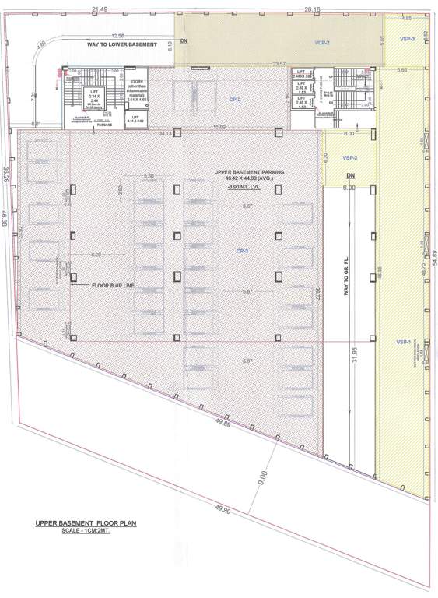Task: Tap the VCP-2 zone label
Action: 323,43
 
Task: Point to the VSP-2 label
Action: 349,157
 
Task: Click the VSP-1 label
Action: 402,342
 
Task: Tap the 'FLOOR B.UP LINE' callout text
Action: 114,286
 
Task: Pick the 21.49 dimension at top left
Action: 100,9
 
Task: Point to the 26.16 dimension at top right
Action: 313,9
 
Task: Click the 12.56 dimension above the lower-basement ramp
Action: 117,36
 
